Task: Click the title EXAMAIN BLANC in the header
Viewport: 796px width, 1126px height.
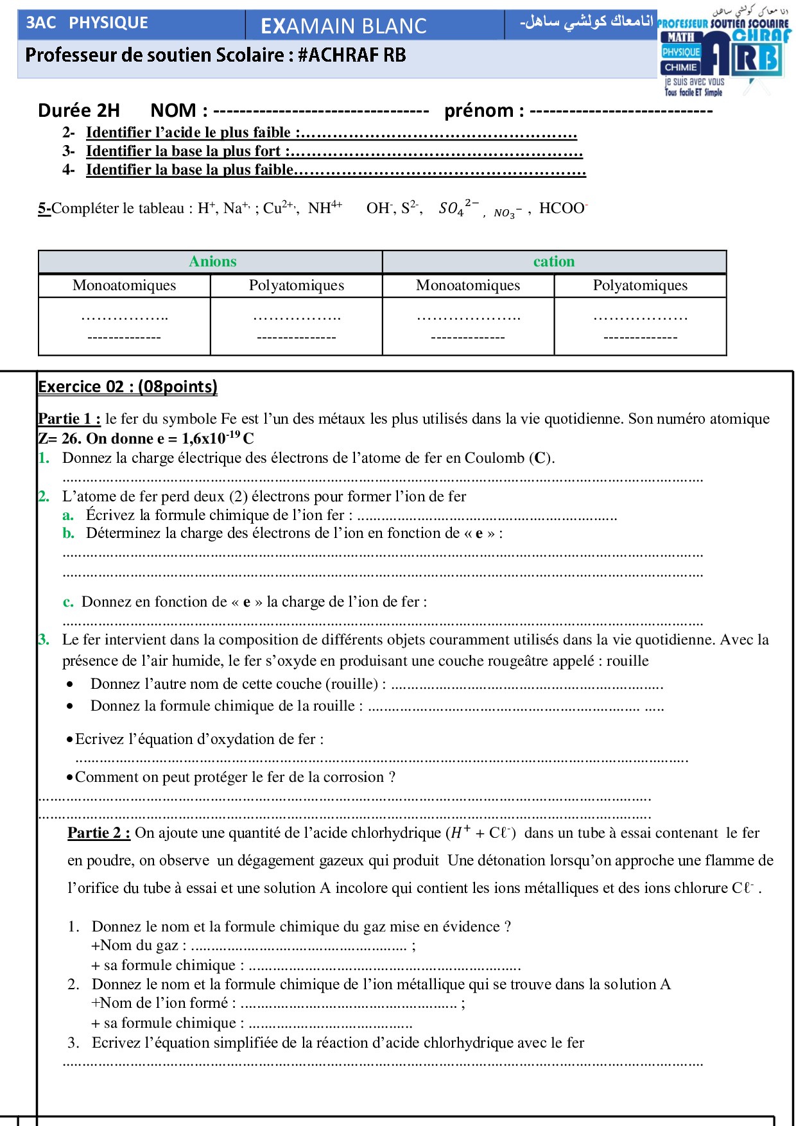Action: click(343, 26)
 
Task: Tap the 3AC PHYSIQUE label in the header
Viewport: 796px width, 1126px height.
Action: click(87, 22)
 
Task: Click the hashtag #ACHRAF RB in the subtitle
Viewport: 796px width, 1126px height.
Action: click(352, 55)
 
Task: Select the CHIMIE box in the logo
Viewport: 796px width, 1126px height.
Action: click(680, 67)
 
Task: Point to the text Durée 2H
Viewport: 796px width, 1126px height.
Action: click(79, 110)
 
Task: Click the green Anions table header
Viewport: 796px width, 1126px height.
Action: click(212, 261)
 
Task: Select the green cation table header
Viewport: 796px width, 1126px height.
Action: click(554, 261)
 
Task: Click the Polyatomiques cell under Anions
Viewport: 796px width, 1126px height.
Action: click(296, 285)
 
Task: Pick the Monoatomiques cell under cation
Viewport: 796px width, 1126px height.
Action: click(468, 285)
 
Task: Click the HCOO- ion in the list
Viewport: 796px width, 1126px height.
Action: click(563, 208)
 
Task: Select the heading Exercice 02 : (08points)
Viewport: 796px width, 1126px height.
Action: click(128, 386)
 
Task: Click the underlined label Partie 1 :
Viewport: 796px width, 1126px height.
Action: click(69, 419)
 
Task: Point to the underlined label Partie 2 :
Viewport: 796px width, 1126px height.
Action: click(99, 833)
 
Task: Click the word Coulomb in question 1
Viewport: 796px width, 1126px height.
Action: click(494, 458)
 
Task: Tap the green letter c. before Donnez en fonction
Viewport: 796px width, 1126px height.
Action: click(68, 602)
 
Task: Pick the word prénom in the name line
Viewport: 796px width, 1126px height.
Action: click(479, 110)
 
